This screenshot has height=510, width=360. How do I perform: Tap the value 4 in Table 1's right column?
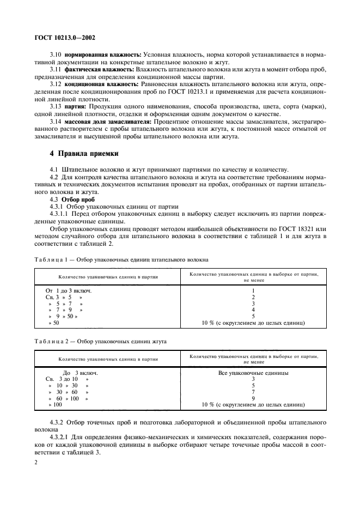point(253,310)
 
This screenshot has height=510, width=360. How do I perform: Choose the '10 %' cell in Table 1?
point(253,323)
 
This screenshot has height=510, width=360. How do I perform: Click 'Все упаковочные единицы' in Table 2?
point(253,373)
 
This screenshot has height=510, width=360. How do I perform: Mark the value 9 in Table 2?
point(253,398)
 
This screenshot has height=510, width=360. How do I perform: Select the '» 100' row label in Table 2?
point(56,405)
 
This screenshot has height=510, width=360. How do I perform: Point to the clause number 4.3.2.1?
point(61,437)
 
